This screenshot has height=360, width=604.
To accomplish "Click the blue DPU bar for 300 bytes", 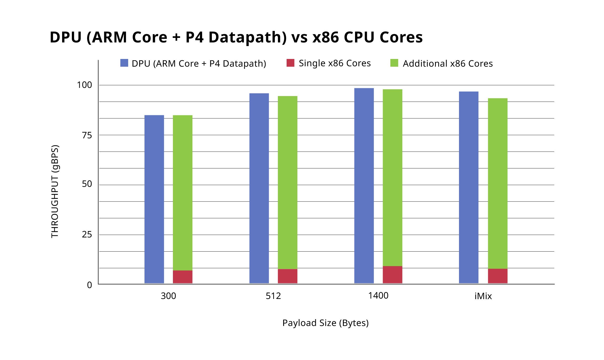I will click(154, 199).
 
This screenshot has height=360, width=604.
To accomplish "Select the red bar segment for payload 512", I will click(287, 276).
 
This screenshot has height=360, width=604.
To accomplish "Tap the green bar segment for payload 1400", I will click(392, 178).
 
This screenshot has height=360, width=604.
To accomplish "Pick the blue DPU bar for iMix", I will click(468, 187).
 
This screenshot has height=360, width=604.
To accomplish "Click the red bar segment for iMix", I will click(497, 276).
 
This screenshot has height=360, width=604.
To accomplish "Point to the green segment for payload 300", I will click(183, 193).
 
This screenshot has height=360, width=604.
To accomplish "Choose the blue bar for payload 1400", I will click(364, 186).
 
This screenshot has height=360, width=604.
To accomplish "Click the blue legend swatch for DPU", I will click(124, 63).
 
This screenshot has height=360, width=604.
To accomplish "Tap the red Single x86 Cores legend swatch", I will click(290, 63).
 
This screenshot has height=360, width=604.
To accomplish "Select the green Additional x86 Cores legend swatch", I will click(394, 63).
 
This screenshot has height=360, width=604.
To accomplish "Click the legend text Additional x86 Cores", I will click(448, 63).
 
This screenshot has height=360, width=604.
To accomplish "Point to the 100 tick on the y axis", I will click(84, 85).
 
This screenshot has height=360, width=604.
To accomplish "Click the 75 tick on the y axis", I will click(87, 135).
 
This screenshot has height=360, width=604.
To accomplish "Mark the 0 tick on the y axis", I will click(89, 285).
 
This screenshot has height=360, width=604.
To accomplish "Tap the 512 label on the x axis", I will click(273, 296).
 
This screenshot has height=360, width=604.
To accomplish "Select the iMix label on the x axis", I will click(483, 296).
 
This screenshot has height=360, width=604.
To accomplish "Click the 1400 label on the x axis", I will click(378, 296).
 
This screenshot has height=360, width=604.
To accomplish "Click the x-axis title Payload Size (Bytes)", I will click(325, 323).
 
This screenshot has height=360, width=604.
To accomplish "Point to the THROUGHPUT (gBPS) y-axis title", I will click(55, 191).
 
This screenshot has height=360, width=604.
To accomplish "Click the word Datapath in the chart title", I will click(247, 37).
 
